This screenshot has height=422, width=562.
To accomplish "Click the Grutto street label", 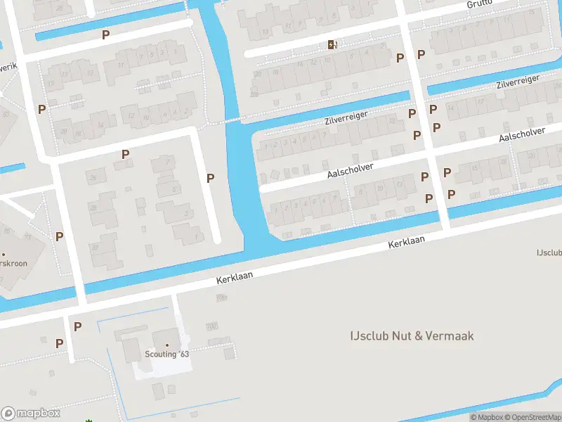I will (x=481, y=4).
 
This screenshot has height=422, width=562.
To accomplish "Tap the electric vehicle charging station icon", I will (x=332, y=45).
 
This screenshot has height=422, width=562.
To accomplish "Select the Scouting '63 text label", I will (x=167, y=354).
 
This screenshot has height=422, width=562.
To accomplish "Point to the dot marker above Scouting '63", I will (x=167, y=345).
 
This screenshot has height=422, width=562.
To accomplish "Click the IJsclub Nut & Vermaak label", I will (x=412, y=335).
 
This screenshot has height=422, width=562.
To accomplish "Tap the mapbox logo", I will (x=31, y=414).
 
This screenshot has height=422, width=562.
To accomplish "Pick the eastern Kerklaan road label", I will (x=408, y=242).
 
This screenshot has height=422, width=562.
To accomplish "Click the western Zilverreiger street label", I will (x=346, y=117).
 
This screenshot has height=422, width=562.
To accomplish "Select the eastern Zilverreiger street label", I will (x=518, y=82).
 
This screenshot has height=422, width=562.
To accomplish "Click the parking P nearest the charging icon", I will (x=400, y=58).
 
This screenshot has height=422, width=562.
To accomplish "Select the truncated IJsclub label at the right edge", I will (x=549, y=252).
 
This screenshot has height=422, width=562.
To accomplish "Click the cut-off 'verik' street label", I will (x=8, y=66).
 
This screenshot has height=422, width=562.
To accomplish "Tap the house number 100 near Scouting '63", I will (x=211, y=326).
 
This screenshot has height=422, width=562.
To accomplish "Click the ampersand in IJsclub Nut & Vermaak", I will (x=418, y=335).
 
